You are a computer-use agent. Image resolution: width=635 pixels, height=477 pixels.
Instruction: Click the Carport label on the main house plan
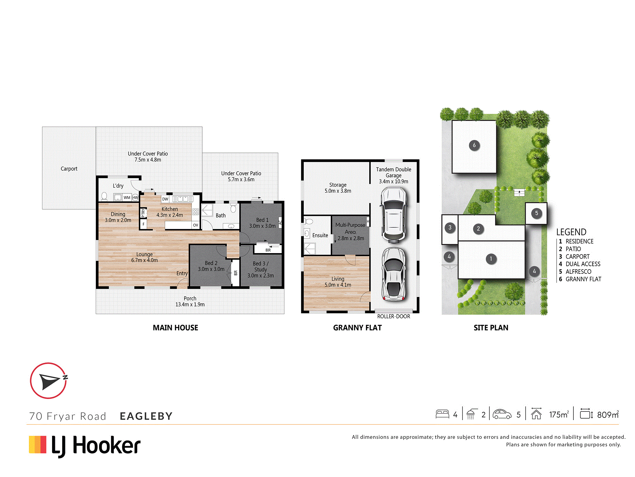(69, 169)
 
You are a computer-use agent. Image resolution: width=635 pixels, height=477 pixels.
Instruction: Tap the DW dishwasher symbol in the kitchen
(165, 199)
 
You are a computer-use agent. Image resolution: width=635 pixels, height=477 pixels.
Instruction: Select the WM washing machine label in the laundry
(127, 197)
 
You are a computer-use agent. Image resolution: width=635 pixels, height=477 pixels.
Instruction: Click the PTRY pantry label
(143, 213)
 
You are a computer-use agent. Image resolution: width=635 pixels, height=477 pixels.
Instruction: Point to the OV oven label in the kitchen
(196, 225)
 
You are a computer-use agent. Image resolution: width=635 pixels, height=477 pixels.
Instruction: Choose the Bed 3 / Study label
(261, 269)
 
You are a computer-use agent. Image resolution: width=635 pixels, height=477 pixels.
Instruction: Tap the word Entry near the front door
(182, 273)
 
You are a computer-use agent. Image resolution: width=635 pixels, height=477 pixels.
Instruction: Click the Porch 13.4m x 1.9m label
(190, 301)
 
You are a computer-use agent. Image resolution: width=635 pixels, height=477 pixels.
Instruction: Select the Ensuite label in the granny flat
(320, 235)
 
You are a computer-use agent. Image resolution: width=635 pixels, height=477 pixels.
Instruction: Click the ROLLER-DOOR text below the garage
(394, 316)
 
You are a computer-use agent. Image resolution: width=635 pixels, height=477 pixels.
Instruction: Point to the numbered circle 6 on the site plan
(474, 145)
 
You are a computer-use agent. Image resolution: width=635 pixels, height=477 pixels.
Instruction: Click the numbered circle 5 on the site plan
(537, 213)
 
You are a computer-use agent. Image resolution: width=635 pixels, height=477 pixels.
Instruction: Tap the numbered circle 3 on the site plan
(450, 227)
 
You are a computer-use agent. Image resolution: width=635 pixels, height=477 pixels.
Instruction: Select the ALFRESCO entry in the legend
(578, 272)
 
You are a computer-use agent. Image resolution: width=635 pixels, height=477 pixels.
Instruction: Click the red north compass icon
(49, 380)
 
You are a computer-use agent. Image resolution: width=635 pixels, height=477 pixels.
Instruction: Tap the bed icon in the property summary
(442, 414)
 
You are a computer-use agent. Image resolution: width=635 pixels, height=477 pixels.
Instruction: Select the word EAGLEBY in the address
(146, 416)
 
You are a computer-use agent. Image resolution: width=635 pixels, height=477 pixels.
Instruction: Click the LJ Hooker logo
(85, 446)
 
